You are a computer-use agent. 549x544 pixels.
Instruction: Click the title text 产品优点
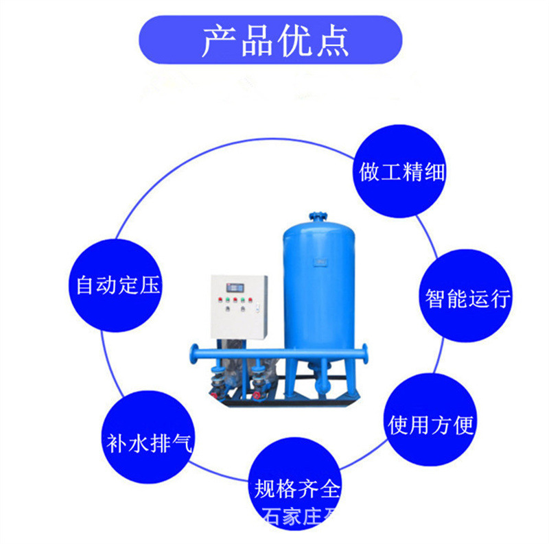pyautogui.click(x=274, y=41)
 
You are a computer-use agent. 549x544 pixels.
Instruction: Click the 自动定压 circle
pyautogui.click(x=118, y=284)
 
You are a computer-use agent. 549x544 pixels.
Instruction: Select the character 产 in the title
pyautogui.click(x=218, y=41)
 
